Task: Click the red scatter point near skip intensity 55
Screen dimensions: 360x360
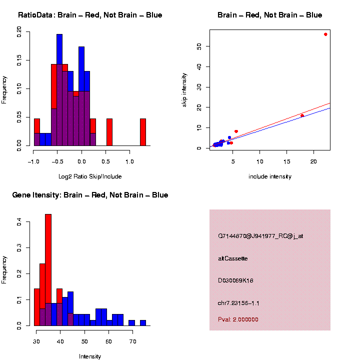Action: pyautogui.click(x=325, y=34)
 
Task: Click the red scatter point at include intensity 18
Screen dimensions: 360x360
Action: pyautogui.click(x=302, y=115)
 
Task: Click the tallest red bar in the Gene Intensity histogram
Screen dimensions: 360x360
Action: pyautogui.click(x=48, y=270)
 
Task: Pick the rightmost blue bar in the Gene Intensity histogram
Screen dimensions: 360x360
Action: pyautogui.click(x=143, y=322)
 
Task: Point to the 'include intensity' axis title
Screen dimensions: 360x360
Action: pyautogui.click(x=270, y=176)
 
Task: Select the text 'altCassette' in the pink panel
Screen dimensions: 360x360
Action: pyautogui.click(x=233, y=258)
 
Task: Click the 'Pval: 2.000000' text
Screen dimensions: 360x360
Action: pyautogui.click(x=238, y=319)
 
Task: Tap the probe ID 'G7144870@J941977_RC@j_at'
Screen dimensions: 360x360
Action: pyautogui.click(x=260, y=236)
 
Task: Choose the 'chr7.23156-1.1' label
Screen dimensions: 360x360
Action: pyautogui.click(x=238, y=303)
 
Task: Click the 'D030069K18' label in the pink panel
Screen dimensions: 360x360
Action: pyautogui.click(x=235, y=280)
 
